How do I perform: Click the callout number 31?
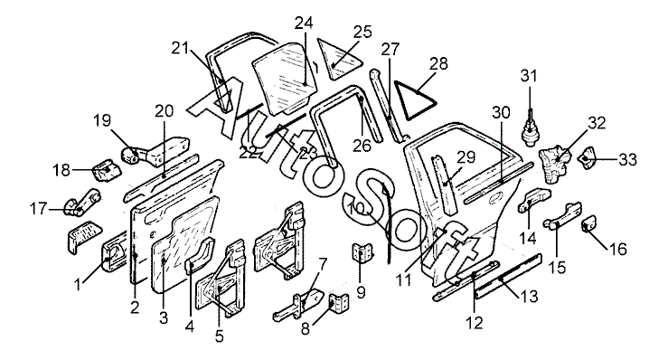(x=529, y=76)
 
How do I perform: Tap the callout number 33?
(x=628, y=159)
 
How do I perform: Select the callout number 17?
(x=38, y=209)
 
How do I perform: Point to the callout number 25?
(x=363, y=32)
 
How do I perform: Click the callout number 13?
(x=529, y=296)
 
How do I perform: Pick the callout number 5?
(x=219, y=336)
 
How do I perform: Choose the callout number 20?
(x=164, y=111)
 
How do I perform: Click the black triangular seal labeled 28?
(x=414, y=100)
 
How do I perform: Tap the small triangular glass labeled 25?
(x=340, y=59)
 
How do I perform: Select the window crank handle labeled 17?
(x=82, y=202)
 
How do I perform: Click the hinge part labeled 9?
(x=362, y=252)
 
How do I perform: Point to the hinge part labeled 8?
(x=337, y=304)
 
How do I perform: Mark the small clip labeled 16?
(x=588, y=223)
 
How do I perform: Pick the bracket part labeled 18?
(x=108, y=168)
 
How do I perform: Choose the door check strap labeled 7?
(x=298, y=305)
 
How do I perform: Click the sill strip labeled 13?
(x=508, y=277)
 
